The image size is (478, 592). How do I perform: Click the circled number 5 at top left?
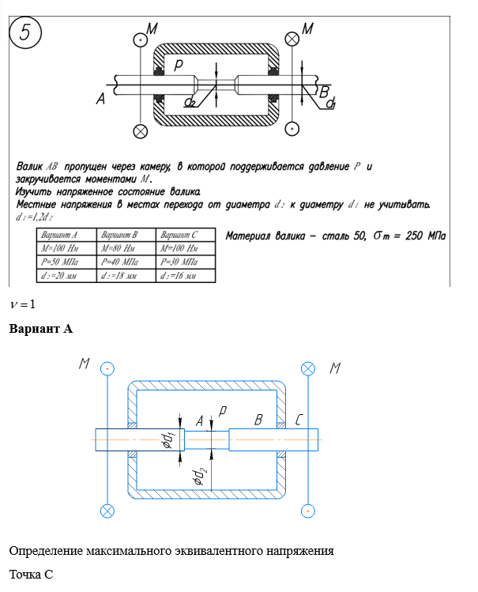click(x=26, y=33)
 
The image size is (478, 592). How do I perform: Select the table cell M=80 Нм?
click(x=126, y=248)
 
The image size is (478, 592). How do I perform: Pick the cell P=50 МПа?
click(x=66, y=262)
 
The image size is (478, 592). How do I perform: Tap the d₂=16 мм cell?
click(x=186, y=275)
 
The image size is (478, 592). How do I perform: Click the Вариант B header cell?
click(x=126, y=235)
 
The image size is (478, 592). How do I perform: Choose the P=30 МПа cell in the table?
click(x=186, y=262)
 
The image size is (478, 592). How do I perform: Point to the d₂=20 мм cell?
click(x=66, y=275)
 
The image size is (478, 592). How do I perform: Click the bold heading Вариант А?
click(x=40, y=328)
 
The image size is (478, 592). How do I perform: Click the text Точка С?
click(x=31, y=574)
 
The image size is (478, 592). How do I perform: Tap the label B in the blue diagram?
click(x=258, y=422)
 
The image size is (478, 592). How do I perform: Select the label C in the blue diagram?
click(x=299, y=422)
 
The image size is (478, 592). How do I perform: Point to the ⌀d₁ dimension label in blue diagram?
click(x=167, y=442)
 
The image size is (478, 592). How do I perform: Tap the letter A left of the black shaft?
click(x=100, y=99)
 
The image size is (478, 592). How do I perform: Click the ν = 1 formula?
click(x=23, y=304)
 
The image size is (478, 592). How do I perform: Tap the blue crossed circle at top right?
click(x=307, y=368)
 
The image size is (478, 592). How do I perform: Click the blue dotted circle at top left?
click(x=107, y=368)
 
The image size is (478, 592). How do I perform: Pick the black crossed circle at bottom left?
click(x=141, y=130)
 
